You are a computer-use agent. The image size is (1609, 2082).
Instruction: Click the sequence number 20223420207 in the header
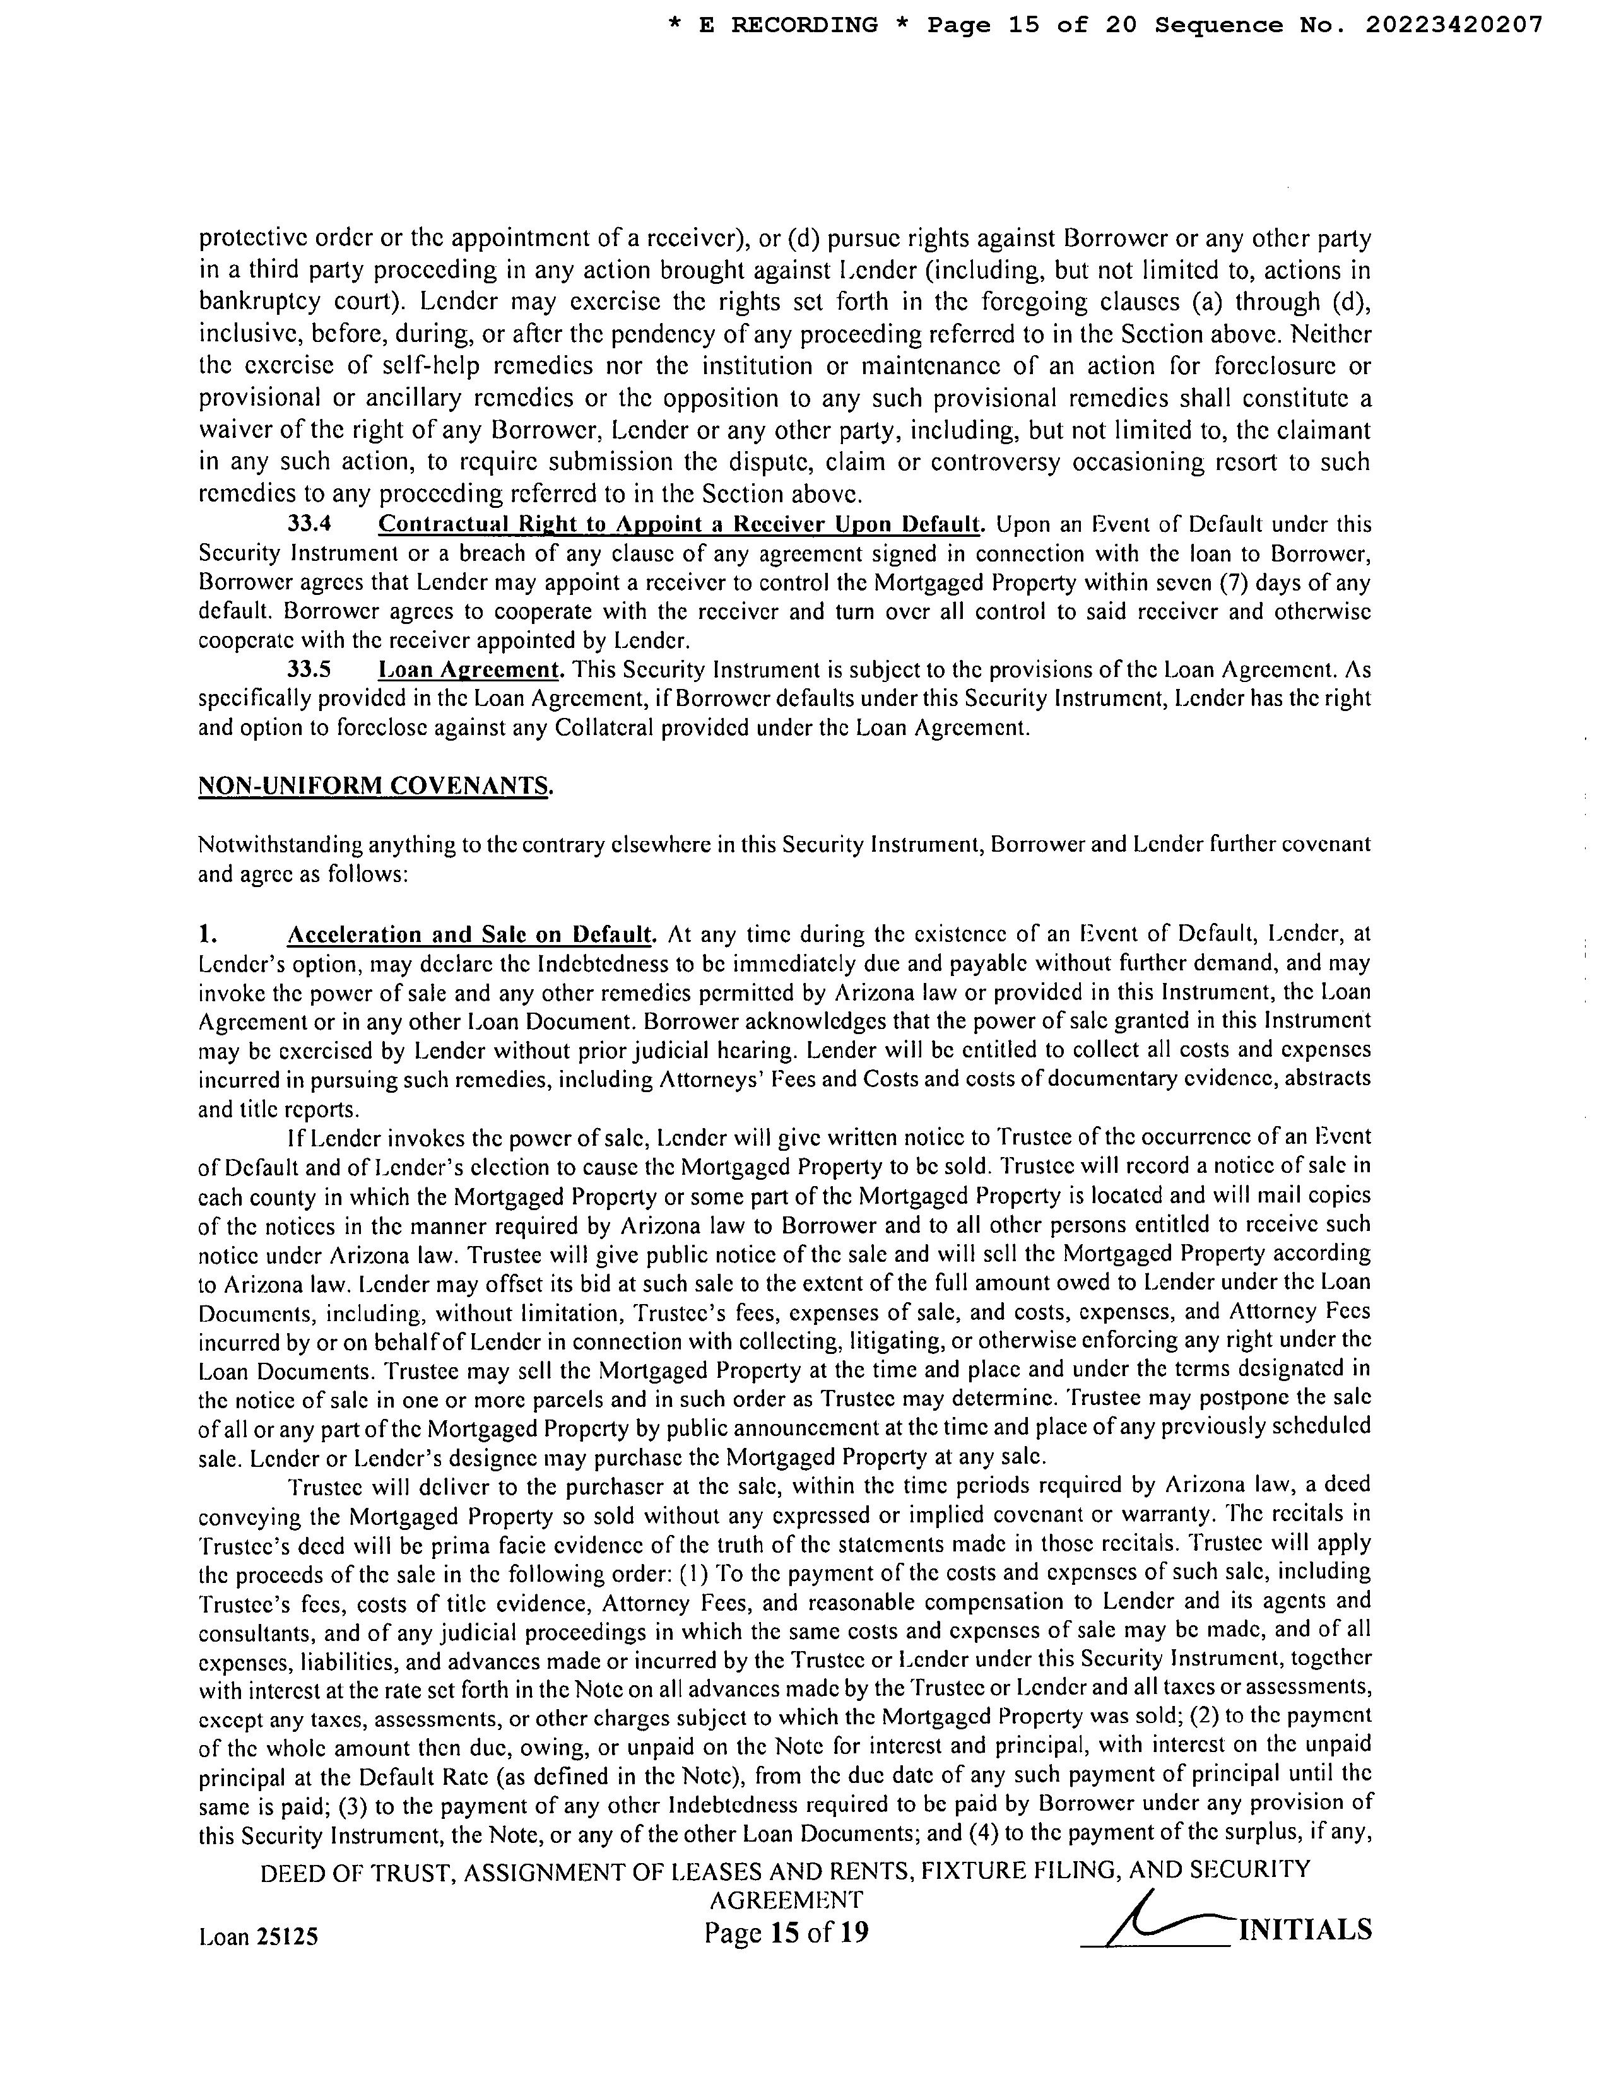click(1454, 26)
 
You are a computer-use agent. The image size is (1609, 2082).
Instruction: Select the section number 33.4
click(309, 524)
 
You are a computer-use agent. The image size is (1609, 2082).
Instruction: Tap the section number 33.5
click(309, 670)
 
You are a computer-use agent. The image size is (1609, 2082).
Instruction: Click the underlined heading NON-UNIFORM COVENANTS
click(374, 787)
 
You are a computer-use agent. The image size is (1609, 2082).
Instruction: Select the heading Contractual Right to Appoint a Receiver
click(680, 524)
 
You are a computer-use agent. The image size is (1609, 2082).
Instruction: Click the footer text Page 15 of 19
click(786, 1932)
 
